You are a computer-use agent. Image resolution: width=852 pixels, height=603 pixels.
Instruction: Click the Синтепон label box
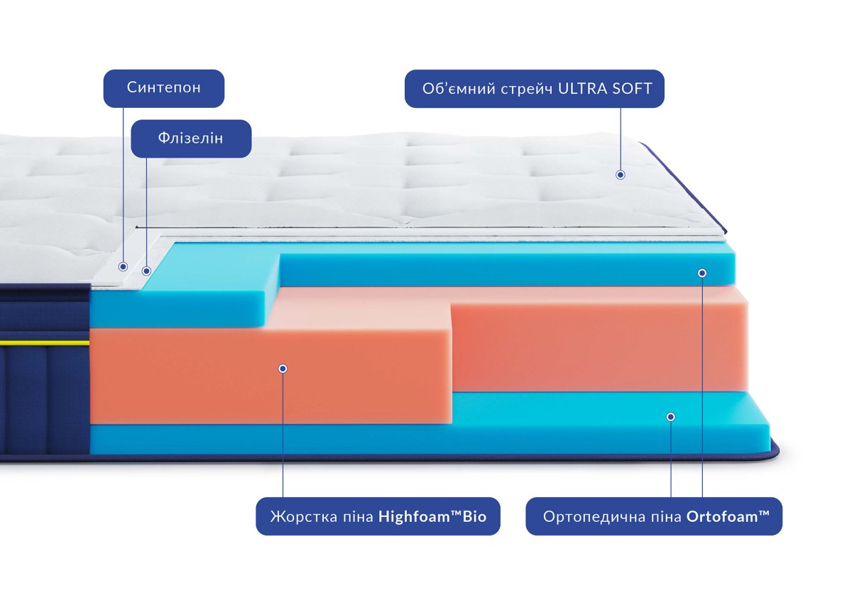click(x=164, y=88)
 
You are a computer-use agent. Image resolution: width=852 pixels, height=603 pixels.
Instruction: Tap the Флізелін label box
click(x=191, y=138)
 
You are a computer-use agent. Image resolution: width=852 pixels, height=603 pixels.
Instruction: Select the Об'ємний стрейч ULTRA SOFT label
click(x=534, y=89)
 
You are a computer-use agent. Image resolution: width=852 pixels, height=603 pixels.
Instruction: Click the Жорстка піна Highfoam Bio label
click(x=378, y=516)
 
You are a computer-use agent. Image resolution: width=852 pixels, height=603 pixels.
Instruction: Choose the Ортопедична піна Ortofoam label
click(x=653, y=516)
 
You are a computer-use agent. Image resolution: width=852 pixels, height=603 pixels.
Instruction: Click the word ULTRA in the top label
click(x=586, y=89)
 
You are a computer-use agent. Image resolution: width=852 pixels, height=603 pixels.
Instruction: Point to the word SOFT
click(x=633, y=89)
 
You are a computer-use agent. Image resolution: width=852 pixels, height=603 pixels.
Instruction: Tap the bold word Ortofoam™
click(x=728, y=516)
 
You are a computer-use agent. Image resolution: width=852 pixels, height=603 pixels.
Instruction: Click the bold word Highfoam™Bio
click(x=432, y=516)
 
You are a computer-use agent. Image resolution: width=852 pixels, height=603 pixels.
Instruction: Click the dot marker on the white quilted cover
click(x=620, y=174)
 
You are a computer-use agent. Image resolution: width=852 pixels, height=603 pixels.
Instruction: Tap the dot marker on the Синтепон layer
click(x=123, y=266)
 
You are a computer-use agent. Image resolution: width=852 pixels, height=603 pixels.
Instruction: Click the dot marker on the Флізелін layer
click(x=146, y=271)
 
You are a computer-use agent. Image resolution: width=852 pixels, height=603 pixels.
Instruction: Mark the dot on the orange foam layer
click(x=283, y=368)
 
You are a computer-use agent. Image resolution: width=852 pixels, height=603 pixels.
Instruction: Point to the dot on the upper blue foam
click(x=702, y=273)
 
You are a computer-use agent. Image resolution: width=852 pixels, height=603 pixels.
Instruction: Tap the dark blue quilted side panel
click(x=43, y=398)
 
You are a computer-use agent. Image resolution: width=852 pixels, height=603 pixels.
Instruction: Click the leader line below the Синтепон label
click(x=123, y=185)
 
